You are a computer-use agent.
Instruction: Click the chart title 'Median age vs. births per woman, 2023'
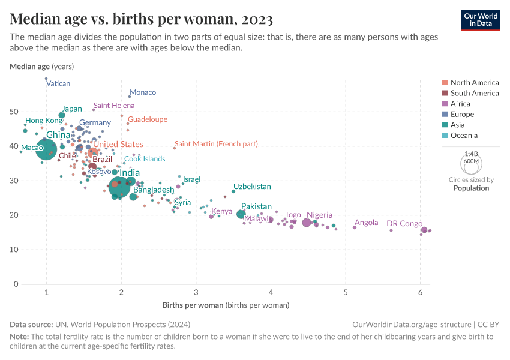pyautogui.click(x=142, y=19)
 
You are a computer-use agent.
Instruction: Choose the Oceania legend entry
pyautogui.click(x=466, y=136)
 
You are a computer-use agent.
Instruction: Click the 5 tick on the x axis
pyautogui.click(x=346, y=292)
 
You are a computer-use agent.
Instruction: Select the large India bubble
pyautogui.click(x=120, y=187)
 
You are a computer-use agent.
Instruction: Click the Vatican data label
pyautogui.click(x=58, y=84)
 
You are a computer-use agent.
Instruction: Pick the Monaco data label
pyautogui.click(x=143, y=92)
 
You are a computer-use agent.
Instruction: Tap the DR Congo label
pyautogui.click(x=404, y=224)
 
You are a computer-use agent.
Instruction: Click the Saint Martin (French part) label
pyautogui.click(x=216, y=144)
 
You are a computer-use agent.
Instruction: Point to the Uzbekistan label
pyautogui.click(x=252, y=187)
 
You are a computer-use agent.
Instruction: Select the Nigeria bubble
pyautogui.click(x=307, y=223)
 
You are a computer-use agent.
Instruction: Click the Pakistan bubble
pyautogui.click(x=241, y=214)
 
